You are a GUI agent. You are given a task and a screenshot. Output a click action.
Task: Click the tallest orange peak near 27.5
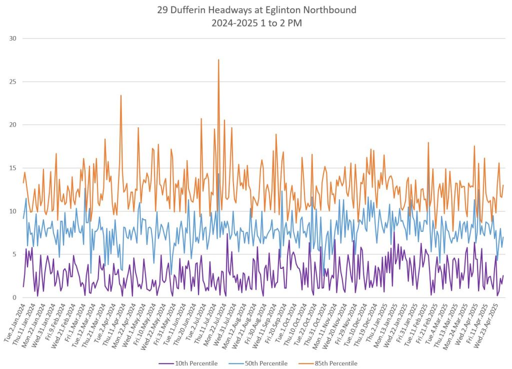[x=218, y=60]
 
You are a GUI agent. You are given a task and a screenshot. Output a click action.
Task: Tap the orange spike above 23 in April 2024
[x=120, y=96]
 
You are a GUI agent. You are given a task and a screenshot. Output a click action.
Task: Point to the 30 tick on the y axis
[x=13, y=39]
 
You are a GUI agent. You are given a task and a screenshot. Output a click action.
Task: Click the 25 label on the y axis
[x=13, y=82]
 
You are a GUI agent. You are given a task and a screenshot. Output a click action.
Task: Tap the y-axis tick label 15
[x=13, y=168]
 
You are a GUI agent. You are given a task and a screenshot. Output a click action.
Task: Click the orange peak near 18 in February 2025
[x=428, y=143]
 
